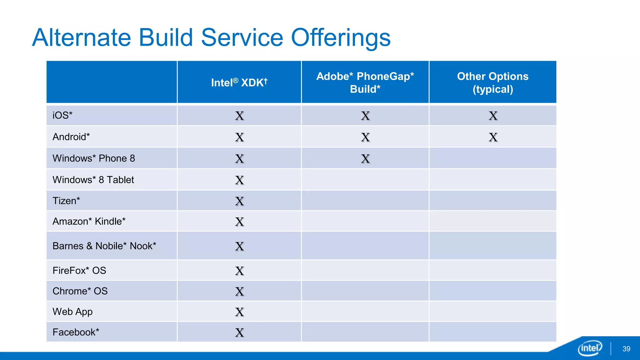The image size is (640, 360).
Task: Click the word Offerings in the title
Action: click(x=341, y=38)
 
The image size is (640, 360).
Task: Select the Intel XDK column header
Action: click(x=239, y=82)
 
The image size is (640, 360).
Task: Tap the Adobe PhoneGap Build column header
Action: click(x=365, y=82)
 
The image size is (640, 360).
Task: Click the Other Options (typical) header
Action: click(x=492, y=82)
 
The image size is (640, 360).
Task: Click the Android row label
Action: click(x=71, y=137)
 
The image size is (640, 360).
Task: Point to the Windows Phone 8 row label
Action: click(x=94, y=158)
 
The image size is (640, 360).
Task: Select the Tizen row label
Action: click(x=66, y=201)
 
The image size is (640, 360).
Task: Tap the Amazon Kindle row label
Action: click(x=89, y=221)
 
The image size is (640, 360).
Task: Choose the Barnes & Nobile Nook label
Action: click(x=104, y=246)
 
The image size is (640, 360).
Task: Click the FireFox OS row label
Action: click(x=79, y=270)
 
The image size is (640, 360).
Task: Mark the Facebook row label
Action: click(x=76, y=332)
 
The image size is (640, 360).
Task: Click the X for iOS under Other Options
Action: click(x=493, y=116)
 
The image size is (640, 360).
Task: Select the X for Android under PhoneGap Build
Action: click(x=365, y=137)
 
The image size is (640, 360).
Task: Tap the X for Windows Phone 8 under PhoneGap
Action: click(x=365, y=159)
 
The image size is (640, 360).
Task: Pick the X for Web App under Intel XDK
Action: click(x=239, y=312)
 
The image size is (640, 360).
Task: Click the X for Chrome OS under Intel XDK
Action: click(x=239, y=292)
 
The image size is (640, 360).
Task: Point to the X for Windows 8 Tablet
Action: click(x=239, y=180)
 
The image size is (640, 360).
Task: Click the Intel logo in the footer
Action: click(x=590, y=348)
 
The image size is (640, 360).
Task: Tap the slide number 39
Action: click(x=626, y=349)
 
